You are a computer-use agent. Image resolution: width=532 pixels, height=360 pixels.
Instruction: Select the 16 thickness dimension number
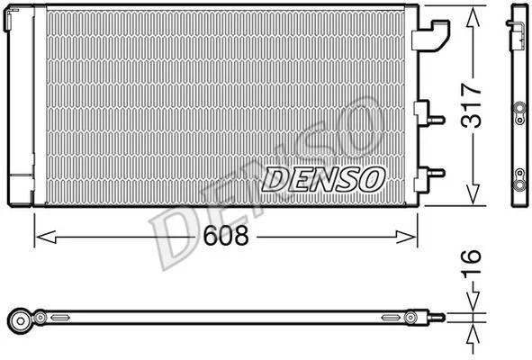(x=472, y=264)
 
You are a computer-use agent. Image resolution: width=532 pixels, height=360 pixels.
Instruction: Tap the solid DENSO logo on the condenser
(x=323, y=179)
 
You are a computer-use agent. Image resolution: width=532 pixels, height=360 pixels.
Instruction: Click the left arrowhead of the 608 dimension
(x=46, y=237)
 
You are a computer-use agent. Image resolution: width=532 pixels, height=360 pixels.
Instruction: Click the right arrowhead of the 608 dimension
(x=406, y=237)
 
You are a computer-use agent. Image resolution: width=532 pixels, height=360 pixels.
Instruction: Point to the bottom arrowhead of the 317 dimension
(x=473, y=194)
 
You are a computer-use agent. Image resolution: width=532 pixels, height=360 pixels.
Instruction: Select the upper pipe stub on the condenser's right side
(x=437, y=120)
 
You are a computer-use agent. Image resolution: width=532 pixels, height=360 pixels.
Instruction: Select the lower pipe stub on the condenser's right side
(x=437, y=173)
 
